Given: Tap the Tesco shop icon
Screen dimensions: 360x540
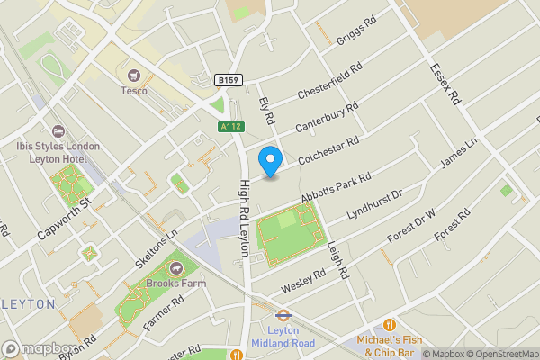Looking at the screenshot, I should [x=135, y=75].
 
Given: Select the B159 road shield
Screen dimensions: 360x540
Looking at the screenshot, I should [x=229, y=81].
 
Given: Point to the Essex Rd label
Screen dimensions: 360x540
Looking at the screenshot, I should [x=445, y=84].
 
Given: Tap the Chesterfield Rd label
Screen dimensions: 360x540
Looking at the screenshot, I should [x=329, y=80].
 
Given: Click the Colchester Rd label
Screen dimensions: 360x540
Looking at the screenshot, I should [x=329, y=149].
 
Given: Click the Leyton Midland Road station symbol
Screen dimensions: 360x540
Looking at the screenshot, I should [x=282, y=315].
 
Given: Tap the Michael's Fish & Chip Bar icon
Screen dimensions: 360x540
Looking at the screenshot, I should [x=390, y=324].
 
